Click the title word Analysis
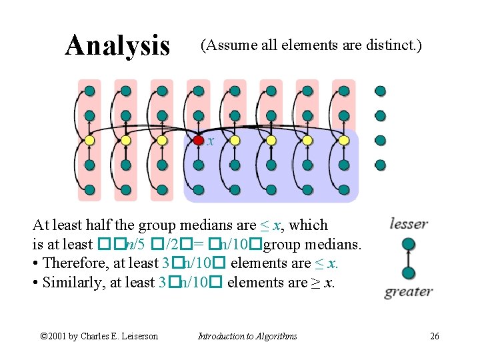(117, 45)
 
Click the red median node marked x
(199, 140)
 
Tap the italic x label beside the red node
(211, 141)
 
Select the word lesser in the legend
(408, 224)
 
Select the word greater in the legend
(409, 291)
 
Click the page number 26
(434, 336)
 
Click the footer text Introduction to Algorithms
(248, 336)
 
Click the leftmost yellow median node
(89, 140)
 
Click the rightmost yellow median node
(343, 140)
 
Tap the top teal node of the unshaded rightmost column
(380, 91)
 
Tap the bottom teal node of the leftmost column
(89, 189)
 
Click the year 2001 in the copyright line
(58, 336)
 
